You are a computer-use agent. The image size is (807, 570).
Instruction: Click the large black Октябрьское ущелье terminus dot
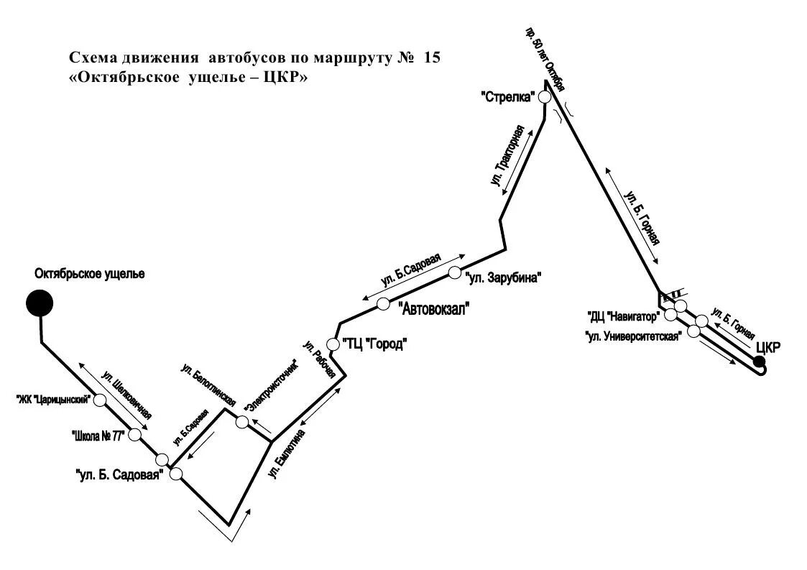[x=40, y=303]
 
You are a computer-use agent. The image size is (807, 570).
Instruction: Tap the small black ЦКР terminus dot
[x=759, y=361]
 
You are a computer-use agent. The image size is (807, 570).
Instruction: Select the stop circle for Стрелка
[x=545, y=97]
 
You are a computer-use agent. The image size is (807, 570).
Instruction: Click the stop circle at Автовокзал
[x=383, y=303]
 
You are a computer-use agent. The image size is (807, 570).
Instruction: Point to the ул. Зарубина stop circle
[x=454, y=272]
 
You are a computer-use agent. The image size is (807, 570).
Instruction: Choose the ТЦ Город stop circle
[x=332, y=344]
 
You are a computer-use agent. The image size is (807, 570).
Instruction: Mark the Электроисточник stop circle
[x=243, y=422]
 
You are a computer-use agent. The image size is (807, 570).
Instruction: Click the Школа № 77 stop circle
[x=134, y=434]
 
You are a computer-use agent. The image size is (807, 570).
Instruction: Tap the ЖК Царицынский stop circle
[x=100, y=399]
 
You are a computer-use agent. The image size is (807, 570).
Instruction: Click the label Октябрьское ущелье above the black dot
[x=90, y=274]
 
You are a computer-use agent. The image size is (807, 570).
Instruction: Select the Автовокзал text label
[x=434, y=310]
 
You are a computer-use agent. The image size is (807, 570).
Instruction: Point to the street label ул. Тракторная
[x=511, y=158]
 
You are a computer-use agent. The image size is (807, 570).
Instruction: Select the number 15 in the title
[x=431, y=58]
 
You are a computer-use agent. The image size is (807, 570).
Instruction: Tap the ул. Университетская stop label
[x=632, y=336]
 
